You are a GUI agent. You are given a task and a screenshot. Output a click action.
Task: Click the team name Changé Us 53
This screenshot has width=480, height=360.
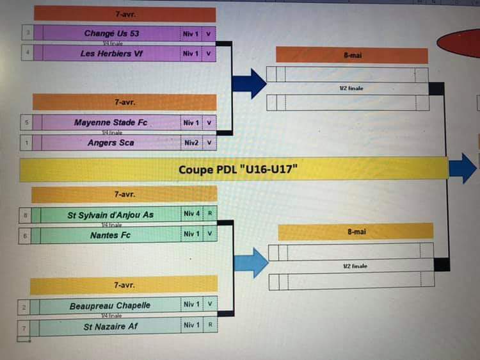(111, 33)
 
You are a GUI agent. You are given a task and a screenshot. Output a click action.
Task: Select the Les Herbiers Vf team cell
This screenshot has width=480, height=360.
(111, 54)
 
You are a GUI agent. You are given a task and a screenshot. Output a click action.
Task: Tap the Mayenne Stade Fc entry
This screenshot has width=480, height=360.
(110, 122)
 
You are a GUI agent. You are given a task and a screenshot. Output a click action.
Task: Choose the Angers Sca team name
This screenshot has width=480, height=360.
(111, 143)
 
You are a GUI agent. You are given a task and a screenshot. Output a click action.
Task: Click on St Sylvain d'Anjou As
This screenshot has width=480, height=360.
(110, 215)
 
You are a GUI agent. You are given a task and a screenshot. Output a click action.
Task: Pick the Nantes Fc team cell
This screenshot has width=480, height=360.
(110, 235)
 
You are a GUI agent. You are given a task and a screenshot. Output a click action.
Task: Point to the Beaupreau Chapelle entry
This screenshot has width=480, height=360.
(109, 306)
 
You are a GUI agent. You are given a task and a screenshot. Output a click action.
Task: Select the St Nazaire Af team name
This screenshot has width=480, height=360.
(109, 326)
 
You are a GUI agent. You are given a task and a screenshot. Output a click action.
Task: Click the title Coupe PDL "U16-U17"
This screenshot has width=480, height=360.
(238, 170)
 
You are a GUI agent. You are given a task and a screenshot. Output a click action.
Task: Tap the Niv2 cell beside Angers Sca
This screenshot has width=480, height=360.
(191, 143)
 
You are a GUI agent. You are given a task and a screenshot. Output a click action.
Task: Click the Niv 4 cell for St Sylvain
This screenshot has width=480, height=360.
(191, 215)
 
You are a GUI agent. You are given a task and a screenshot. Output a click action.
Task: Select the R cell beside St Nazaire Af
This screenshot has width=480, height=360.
(209, 325)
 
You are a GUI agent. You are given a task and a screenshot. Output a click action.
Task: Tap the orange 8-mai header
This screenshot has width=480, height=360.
(352, 56)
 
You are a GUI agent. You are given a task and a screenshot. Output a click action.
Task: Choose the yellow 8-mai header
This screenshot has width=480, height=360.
(356, 232)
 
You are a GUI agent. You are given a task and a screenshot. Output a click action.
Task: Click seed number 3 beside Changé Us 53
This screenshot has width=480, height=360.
(27, 33)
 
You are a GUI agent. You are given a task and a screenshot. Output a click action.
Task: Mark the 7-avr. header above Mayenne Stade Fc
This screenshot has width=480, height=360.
(125, 102)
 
